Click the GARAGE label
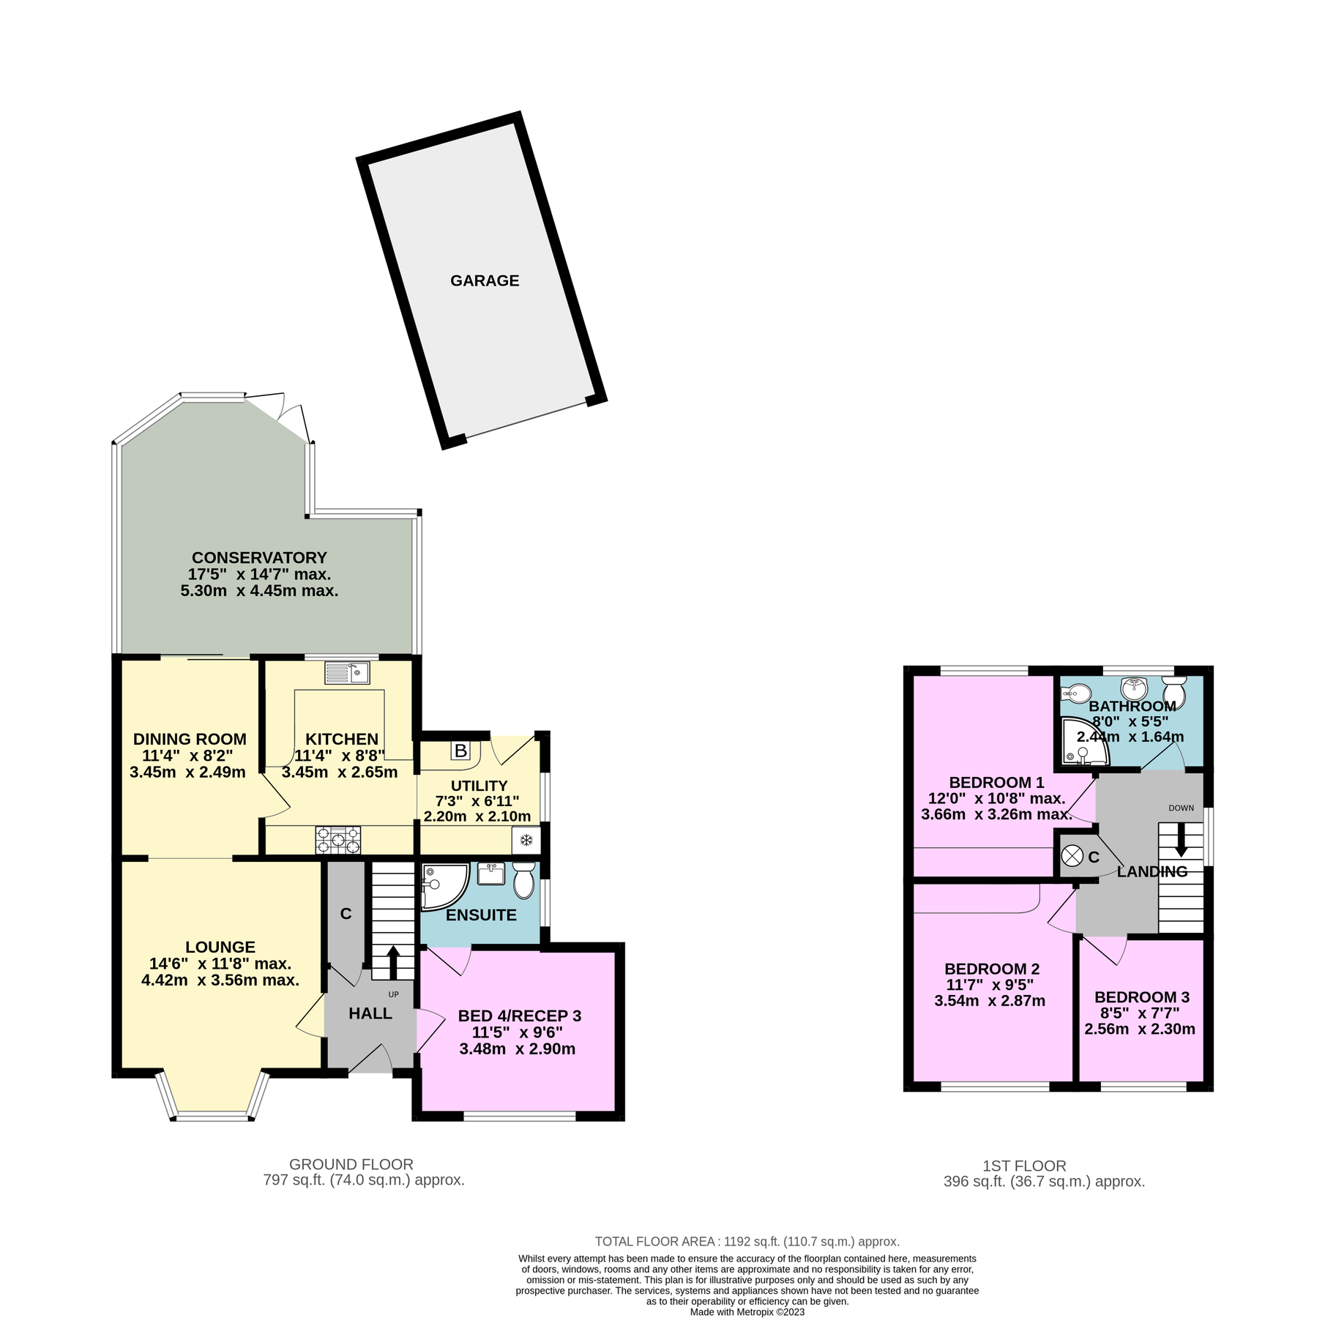pyautogui.click(x=485, y=280)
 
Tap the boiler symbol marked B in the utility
pyautogui.click(x=460, y=751)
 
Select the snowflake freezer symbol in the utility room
pyautogui.click(x=526, y=841)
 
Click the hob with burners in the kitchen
pyautogui.click(x=338, y=840)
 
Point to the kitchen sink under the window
pyautogui.click(x=347, y=672)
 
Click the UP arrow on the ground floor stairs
pyautogui.click(x=392, y=961)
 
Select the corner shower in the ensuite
pyautogui.click(x=441, y=885)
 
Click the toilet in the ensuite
pyautogui.click(x=523, y=881)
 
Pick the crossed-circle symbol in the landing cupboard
pyautogui.click(x=1072, y=855)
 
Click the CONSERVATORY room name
pyautogui.click(x=259, y=558)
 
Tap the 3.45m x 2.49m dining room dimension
pyautogui.click(x=187, y=772)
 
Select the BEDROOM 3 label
pyautogui.click(x=1141, y=997)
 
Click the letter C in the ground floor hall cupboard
pyautogui.click(x=346, y=914)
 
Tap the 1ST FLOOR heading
pyautogui.click(x=1024, y=1166)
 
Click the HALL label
pyautogui.click(x=370, y=1013)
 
